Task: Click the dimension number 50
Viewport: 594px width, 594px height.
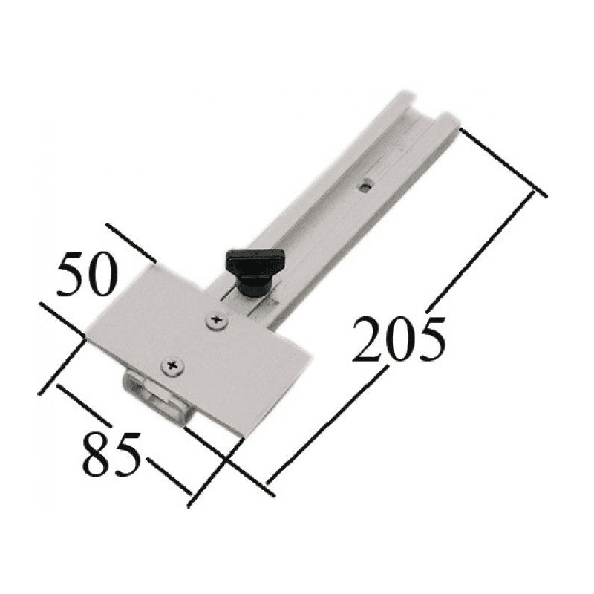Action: click(85, 274)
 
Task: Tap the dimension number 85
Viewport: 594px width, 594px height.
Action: click(111, 454)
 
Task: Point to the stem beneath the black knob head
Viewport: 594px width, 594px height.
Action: click(252, 285)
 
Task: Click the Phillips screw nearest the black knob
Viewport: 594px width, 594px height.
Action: click(217, 321)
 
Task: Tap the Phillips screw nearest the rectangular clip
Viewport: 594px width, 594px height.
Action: click(173, 365)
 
